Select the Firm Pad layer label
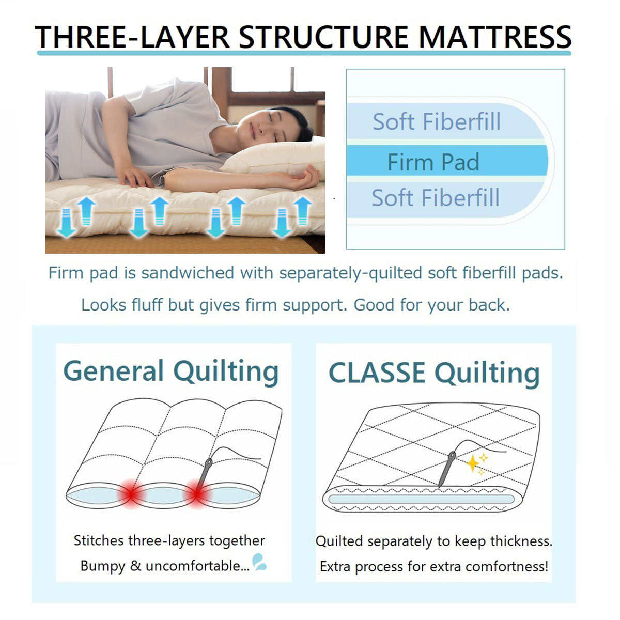point(433,162)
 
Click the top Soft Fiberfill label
point(437,121)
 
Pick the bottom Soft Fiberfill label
point(436,197)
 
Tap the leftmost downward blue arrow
point(66,223)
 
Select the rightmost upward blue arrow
point(303,211)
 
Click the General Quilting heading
point(171,371)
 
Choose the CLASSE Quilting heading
point(434,373)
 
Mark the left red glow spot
point(131,494)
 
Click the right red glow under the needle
point(196,494)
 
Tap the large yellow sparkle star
point(473,463)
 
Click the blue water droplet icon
point(259,562)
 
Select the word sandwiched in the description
point(188,273)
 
